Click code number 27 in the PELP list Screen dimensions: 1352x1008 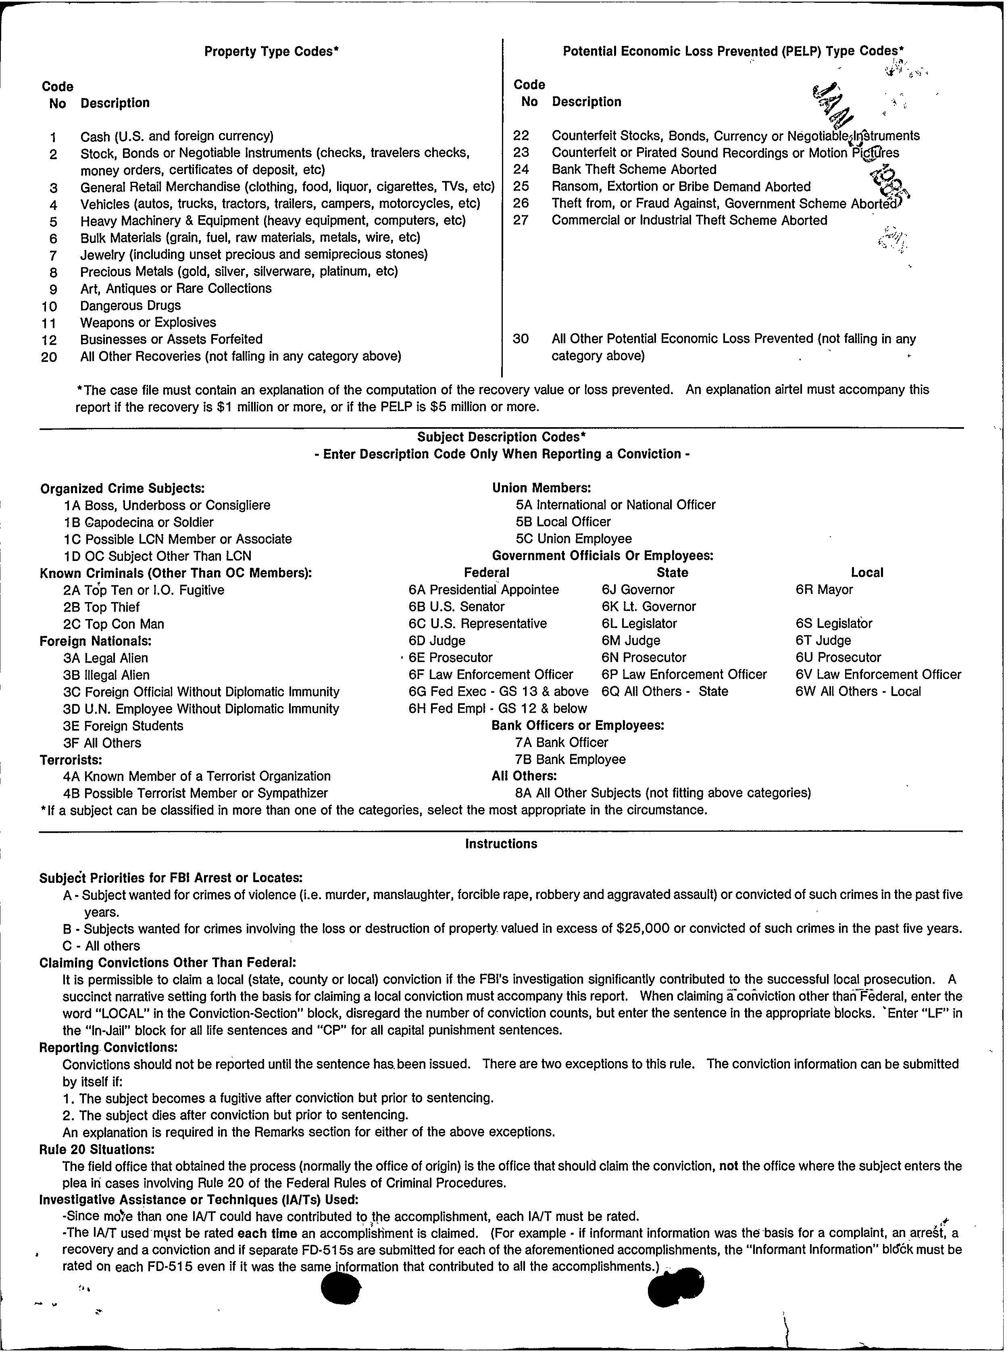pos(521,220)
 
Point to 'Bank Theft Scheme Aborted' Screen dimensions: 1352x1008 pos(633,170)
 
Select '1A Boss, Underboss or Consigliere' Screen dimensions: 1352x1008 pos(167,505)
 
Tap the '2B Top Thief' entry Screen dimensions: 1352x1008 pos(101,607)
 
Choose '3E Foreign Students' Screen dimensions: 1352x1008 pos(123,726)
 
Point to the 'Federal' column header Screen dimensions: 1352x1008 pos(486,573)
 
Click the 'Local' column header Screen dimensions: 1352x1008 pos(866,573)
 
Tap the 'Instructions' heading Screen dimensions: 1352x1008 pos(501,844)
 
